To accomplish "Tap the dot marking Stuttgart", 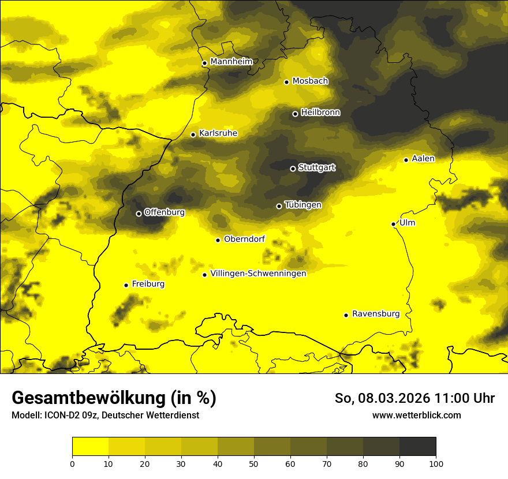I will pos(293,169).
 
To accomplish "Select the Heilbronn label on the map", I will pos(320,113).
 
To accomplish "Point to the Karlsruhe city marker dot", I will pos(193,134).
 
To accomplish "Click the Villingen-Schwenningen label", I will pos(258,274).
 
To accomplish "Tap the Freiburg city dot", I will pos(126,285).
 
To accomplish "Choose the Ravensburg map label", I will pos(375,314).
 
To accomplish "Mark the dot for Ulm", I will pos(393,224).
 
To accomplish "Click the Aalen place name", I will pos(423,159).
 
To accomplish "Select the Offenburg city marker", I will pos(139,214).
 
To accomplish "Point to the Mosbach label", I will pos(310,81).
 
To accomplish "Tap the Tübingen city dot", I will pos(279,206).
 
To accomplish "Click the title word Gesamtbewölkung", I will pos(87,398).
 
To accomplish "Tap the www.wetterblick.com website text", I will pos(416,416).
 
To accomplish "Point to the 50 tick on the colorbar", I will pos(254,463).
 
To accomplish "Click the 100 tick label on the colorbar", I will pos(436,463).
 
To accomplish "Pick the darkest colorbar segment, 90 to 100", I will pos(417,447).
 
